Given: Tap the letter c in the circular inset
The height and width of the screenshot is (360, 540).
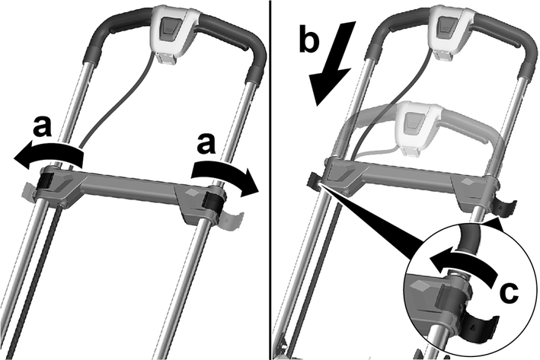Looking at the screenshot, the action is [x=509, y=293].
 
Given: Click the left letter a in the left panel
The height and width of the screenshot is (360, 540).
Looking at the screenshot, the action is [x=43, y=127].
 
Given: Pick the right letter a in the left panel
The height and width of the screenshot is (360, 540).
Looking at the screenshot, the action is [x=206, y=144].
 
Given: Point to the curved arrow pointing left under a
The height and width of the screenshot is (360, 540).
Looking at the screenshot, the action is [x=48, y=155].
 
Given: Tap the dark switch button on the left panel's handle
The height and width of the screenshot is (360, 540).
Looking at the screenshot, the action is [x=169, y=28].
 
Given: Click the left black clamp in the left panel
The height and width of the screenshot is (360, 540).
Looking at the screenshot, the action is [x=46, y=180].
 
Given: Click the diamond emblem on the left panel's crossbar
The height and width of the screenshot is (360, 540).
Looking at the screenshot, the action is [x=190, y=191].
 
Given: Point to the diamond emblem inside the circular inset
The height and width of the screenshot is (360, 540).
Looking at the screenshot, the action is [x=419, y=285].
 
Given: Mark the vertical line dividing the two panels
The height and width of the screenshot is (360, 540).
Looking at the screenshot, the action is [x=270, y=180].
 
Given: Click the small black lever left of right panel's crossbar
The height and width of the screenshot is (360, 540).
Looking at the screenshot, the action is [x=314, y=180].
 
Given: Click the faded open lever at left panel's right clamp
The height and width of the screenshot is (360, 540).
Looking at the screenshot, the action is [x=230, y=221].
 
